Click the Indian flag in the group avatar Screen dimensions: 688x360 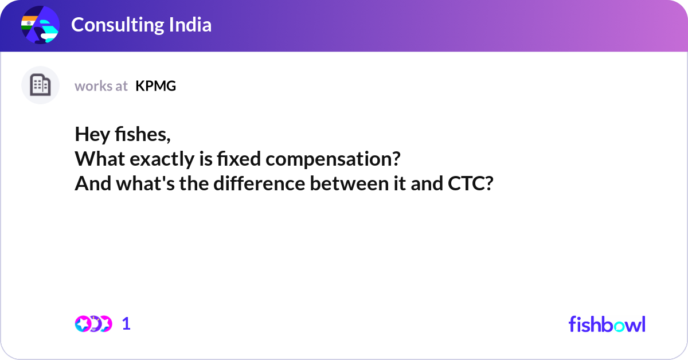(x=29, y=23)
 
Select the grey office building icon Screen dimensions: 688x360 (x=40, y=85)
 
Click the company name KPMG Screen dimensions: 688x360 (x=156, y=86)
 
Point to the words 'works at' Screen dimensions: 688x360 (x=101, y=86)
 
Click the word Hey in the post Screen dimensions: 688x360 (x=92, y=135)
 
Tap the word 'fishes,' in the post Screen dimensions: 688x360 (x=143, y=134)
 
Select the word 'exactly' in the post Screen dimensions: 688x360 (x=162, y=159)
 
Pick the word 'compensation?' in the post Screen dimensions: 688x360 (x=333, y=159)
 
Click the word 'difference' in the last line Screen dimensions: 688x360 (x=259, y=183)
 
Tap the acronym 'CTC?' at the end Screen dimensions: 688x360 (x=471, y=183)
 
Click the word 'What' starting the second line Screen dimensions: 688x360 (x=100, y=159)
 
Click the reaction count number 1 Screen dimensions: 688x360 (x=126, y=324)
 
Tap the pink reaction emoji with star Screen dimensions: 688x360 (x=83, y=324)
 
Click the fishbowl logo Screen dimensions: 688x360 (x=607, y=324)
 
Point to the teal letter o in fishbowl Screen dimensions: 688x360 (x=619, y=326)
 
